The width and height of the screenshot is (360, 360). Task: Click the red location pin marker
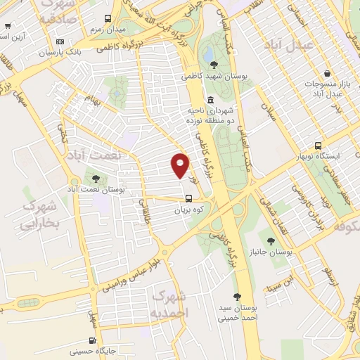180,165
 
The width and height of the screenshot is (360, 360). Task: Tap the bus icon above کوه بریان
188,198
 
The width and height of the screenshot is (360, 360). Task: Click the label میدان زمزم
105,31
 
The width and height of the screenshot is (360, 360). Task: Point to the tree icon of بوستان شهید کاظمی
214,65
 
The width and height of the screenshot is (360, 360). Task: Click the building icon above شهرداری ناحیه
211,99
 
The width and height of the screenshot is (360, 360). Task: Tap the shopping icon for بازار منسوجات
328,73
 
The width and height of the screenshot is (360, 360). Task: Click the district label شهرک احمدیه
170,302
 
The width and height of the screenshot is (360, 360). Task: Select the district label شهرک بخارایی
41,214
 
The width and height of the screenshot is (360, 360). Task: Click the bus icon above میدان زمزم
108,19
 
